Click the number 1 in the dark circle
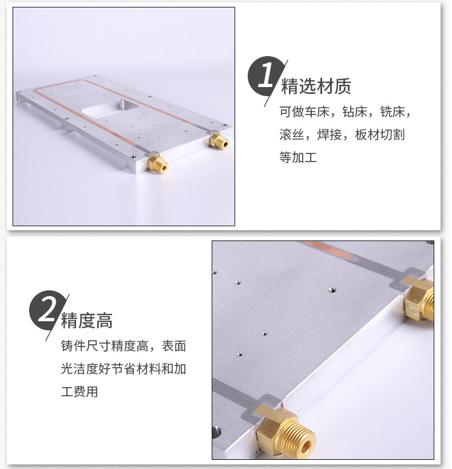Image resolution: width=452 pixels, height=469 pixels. pyautogui.click(x=265, y=77)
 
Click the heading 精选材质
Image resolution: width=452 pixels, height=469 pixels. pyautogui.click(x=316, y=86)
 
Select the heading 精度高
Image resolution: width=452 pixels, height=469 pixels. pyautogui.click(x=87, y=320)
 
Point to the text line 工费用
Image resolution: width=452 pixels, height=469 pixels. pyautogui.click(x=80, y=392)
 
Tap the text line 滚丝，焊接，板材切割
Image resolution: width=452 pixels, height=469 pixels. pyautogui.click(x=342, y=135)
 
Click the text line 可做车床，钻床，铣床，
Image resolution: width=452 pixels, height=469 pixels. pyautogui.click(x=346, y=112)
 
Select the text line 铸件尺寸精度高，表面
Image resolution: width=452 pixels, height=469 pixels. pyautogui.click(x=124, y=346)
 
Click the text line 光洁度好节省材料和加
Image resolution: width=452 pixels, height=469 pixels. pyautogui.click(x=124, y=369)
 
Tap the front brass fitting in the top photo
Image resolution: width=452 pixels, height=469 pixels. pyautogui.click(x=157, y=164)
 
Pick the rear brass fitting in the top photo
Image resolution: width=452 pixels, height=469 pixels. pyautogui.click(x=219, y=141)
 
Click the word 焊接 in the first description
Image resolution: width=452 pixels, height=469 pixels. pyautogui.click(x=329, y=135)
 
